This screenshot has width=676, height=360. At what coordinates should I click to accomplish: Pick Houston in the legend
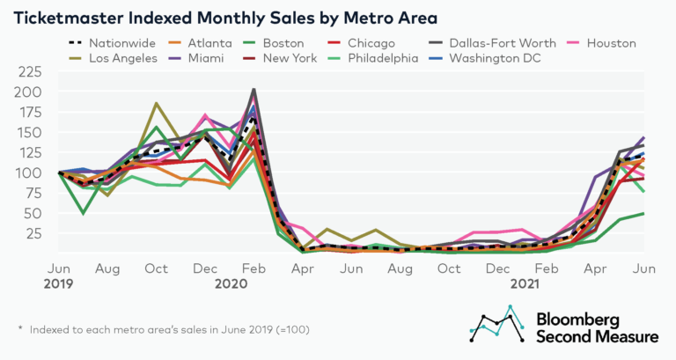coord(612,42)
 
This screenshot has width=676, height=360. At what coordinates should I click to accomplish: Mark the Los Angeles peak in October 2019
coord(157,104)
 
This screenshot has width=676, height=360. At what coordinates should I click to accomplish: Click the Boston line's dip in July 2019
coord(84,213)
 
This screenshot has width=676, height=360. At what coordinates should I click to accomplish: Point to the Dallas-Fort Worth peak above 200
coord(254,89)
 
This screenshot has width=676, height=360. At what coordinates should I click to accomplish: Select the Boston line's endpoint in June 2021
coord(644,213)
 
